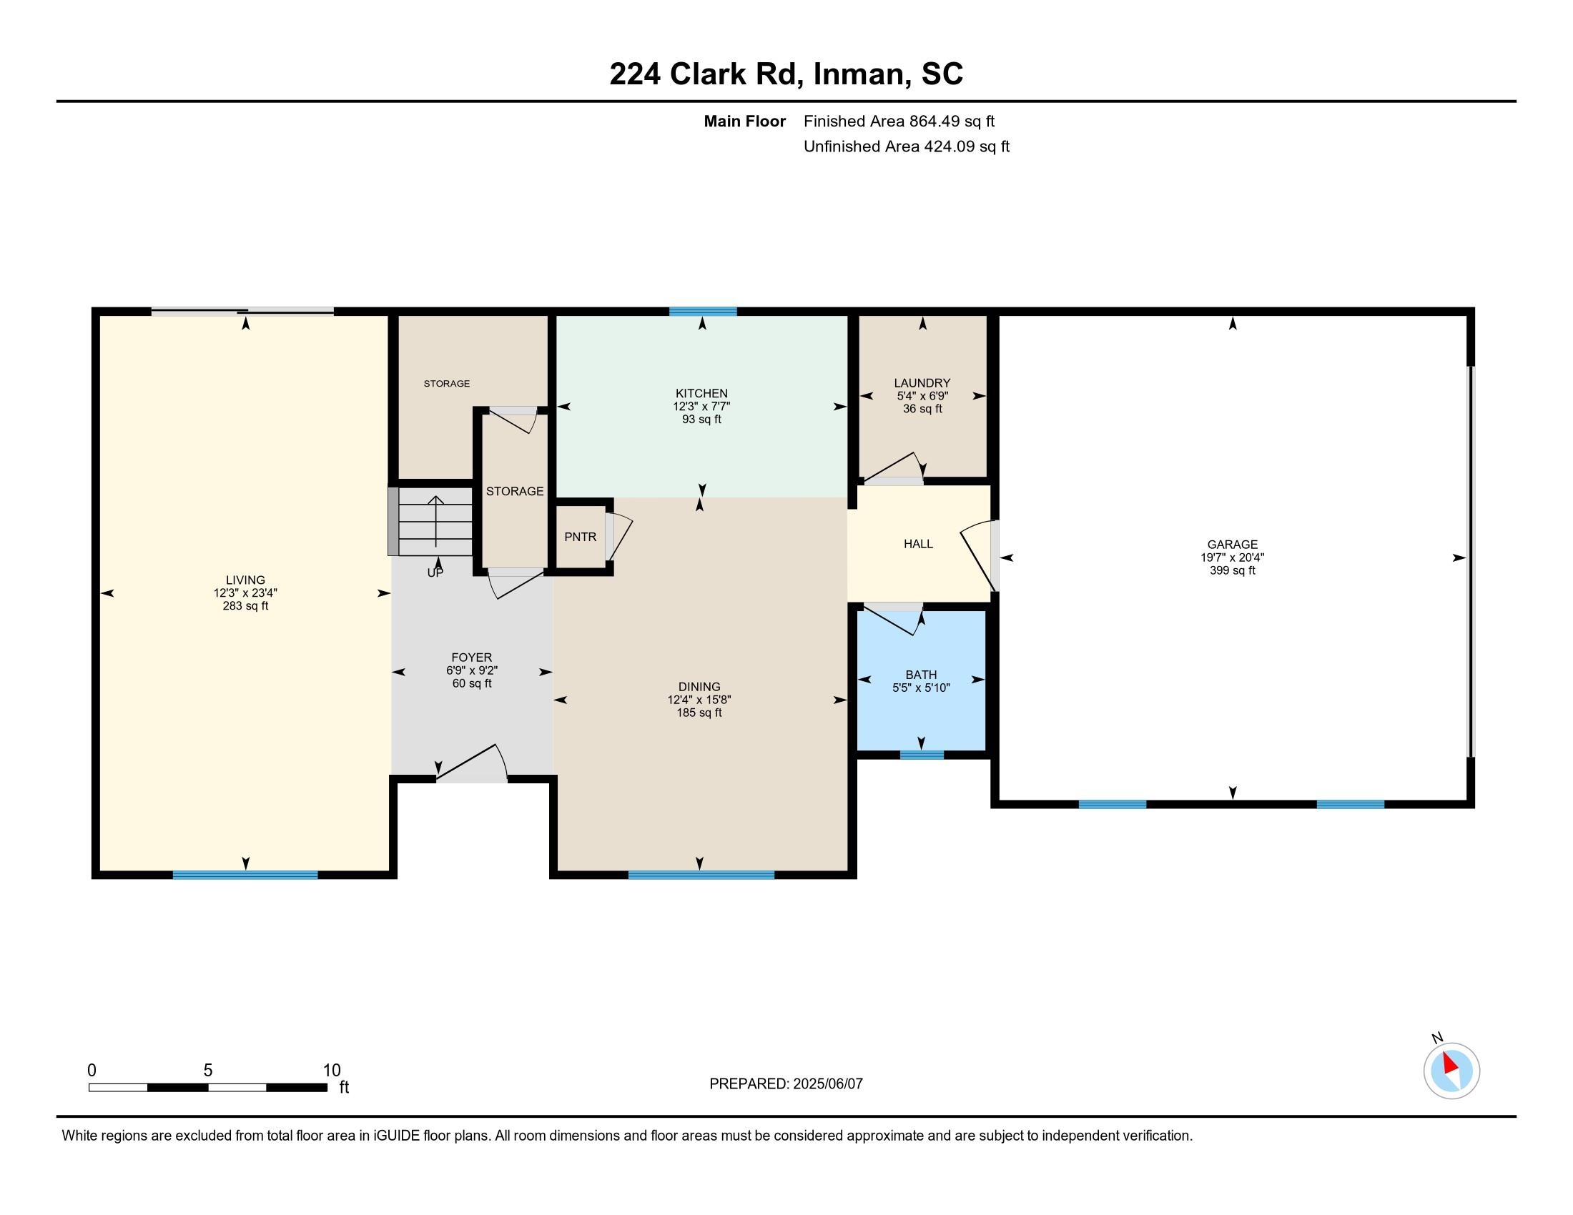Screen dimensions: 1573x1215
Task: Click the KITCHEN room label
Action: [701, 393]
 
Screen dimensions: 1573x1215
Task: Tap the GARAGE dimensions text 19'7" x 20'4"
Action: [1233, 557]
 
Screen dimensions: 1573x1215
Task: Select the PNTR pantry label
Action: [581, 536]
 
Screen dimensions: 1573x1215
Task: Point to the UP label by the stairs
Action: [435, 573]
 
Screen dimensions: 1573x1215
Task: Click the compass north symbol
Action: [1451, 1071]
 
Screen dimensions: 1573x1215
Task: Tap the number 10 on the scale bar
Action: [331, 1070]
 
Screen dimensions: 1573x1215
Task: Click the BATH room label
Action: [921, 675]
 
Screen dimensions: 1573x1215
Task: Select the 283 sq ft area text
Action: [245, 606]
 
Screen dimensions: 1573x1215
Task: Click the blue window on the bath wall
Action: [922, 755]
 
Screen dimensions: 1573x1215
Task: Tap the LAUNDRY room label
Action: [922, 383]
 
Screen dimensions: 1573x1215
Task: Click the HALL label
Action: [918, 544]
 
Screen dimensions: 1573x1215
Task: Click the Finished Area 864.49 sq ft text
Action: [899, 121]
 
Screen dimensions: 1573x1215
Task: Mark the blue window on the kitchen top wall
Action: [703, 312]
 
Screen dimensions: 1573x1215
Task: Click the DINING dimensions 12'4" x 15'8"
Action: [699, 700]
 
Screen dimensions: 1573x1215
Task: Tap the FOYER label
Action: [472, 657]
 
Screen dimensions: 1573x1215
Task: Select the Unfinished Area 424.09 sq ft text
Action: [907, 147]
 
